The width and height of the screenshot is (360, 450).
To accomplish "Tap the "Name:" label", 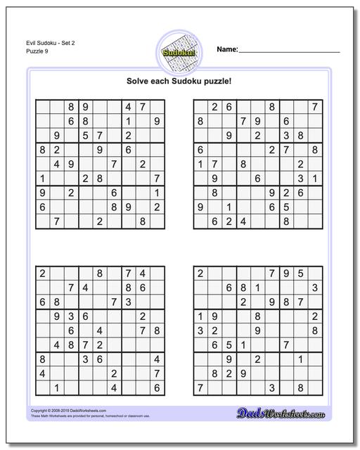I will click(227, 50).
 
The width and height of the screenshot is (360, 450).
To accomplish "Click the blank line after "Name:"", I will click(290, 51).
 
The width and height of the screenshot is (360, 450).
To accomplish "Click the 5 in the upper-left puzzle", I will click(85, 135).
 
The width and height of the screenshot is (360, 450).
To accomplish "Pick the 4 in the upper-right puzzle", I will click(243, 221).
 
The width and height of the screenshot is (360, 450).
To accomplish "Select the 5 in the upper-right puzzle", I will click(286, 207).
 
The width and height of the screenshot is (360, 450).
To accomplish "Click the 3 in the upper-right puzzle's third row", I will click(286, 135).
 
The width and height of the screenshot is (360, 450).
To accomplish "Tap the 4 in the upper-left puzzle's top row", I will click(128, 106).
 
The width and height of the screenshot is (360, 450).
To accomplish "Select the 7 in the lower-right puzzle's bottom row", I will click(200, 387).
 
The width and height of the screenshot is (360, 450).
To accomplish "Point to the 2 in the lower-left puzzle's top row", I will click(42, 274).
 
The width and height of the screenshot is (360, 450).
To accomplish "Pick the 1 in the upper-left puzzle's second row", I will click(128, 121).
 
